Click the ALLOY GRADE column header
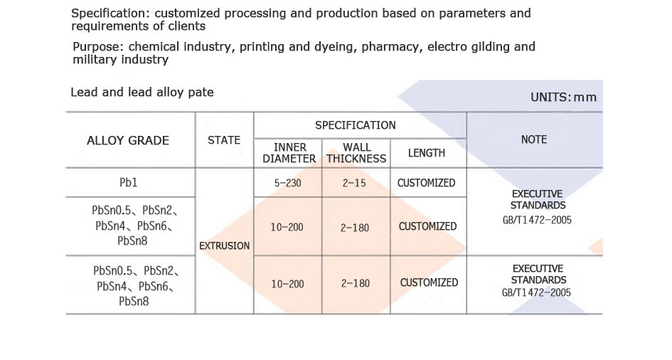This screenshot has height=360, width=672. [x=128, y=140]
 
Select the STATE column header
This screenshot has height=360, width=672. [x=224, y=140]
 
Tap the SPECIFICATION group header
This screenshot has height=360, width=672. [x=356, y=125]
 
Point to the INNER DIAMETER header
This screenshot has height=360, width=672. [x=289, y=153]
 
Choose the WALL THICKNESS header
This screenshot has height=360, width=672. [x=356, y=153]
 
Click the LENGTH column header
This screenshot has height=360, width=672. [x=427, y=153]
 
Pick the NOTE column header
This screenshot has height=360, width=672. [x=533, y=140]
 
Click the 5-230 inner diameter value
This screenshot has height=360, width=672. [x=288, y=183]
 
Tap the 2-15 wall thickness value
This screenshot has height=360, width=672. [x=356, y=183]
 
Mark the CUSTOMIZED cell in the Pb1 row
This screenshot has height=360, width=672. [x=427, y=183]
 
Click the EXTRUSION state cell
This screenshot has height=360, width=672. [x=225, y=245]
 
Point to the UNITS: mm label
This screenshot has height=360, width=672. [x=563, y=97]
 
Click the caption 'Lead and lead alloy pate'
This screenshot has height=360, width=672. [x=142, y=92]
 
